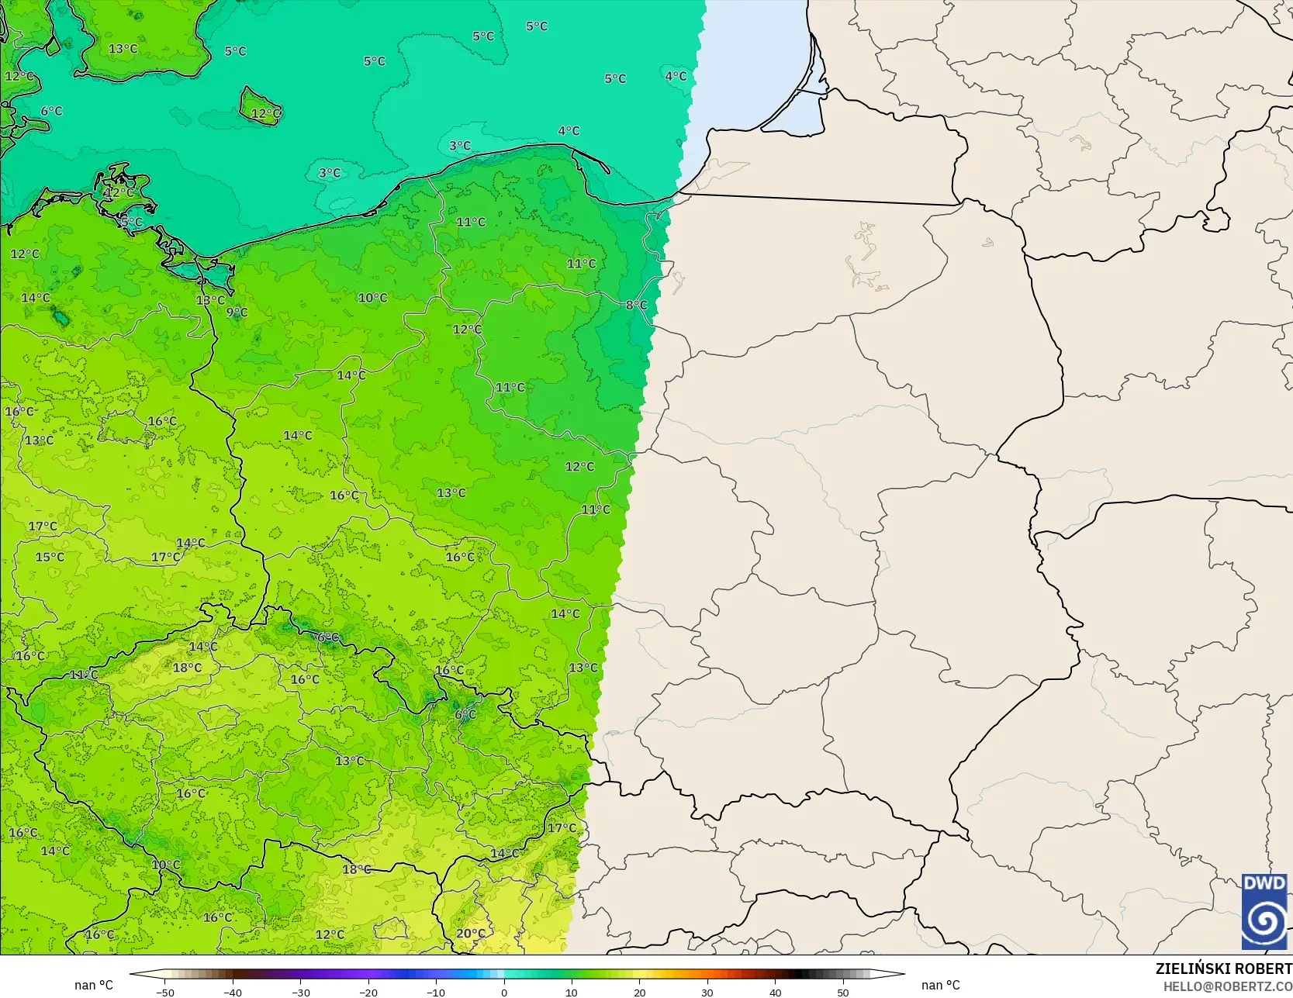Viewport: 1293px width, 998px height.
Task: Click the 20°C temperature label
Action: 471,934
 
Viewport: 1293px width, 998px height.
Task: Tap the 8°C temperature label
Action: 637,305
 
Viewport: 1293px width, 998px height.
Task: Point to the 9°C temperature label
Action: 237,313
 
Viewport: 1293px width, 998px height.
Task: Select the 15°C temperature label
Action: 50,557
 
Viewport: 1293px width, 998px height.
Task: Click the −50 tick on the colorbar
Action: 164,992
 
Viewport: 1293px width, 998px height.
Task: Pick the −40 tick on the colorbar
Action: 233,992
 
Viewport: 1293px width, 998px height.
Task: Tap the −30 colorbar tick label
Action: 300,992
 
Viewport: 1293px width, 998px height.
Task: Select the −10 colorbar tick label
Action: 436,992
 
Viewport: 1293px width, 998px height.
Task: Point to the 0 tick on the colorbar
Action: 504,992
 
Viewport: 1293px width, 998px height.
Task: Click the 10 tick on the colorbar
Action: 572,992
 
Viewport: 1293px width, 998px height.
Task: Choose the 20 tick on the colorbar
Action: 639,992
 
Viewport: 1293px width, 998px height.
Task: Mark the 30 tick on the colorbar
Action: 707,992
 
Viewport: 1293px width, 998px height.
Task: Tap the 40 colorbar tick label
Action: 775,992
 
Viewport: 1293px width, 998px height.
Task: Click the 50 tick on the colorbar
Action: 843,992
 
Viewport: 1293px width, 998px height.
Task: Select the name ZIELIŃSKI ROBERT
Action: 1223,969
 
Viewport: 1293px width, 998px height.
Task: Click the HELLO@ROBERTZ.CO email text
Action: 1227,986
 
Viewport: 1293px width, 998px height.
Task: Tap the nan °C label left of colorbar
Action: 94,985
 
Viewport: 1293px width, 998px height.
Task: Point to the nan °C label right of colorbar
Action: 940,985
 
